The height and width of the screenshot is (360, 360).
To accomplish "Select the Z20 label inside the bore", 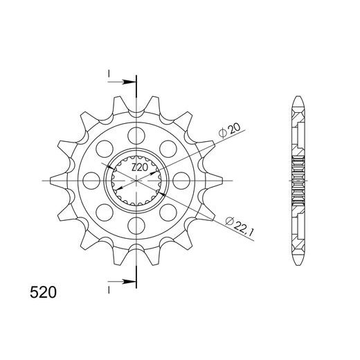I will tap(140, 168).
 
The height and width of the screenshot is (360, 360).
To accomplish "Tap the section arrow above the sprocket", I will tap(125, 82).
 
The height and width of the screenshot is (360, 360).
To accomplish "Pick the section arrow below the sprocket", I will tap(125, 282).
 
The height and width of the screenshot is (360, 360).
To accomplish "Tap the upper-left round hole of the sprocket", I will tap(105, 147).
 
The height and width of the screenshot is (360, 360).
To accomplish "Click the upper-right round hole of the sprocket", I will tap(170, 147).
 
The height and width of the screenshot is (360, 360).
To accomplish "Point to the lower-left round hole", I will tap(105, 211).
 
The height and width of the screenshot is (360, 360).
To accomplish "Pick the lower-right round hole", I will tap(170, 211).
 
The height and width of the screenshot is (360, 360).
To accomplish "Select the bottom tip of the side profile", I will tap(299, 266).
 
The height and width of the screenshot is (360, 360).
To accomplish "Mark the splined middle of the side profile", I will tap(299, 181).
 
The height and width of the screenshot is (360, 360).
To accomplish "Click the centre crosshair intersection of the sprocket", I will tap(136, 181).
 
